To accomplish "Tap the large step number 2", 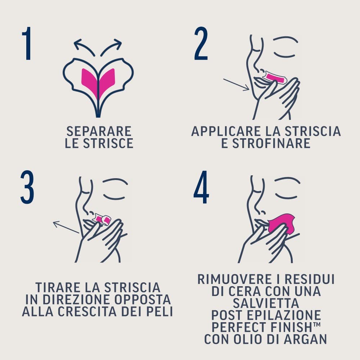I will [201, 43].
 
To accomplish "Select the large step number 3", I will [27, 188].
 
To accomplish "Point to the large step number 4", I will [201, 188].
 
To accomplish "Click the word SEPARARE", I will [99, 131].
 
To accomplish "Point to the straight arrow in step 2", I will [236, 85].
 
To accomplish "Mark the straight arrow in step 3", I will [66, 228].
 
